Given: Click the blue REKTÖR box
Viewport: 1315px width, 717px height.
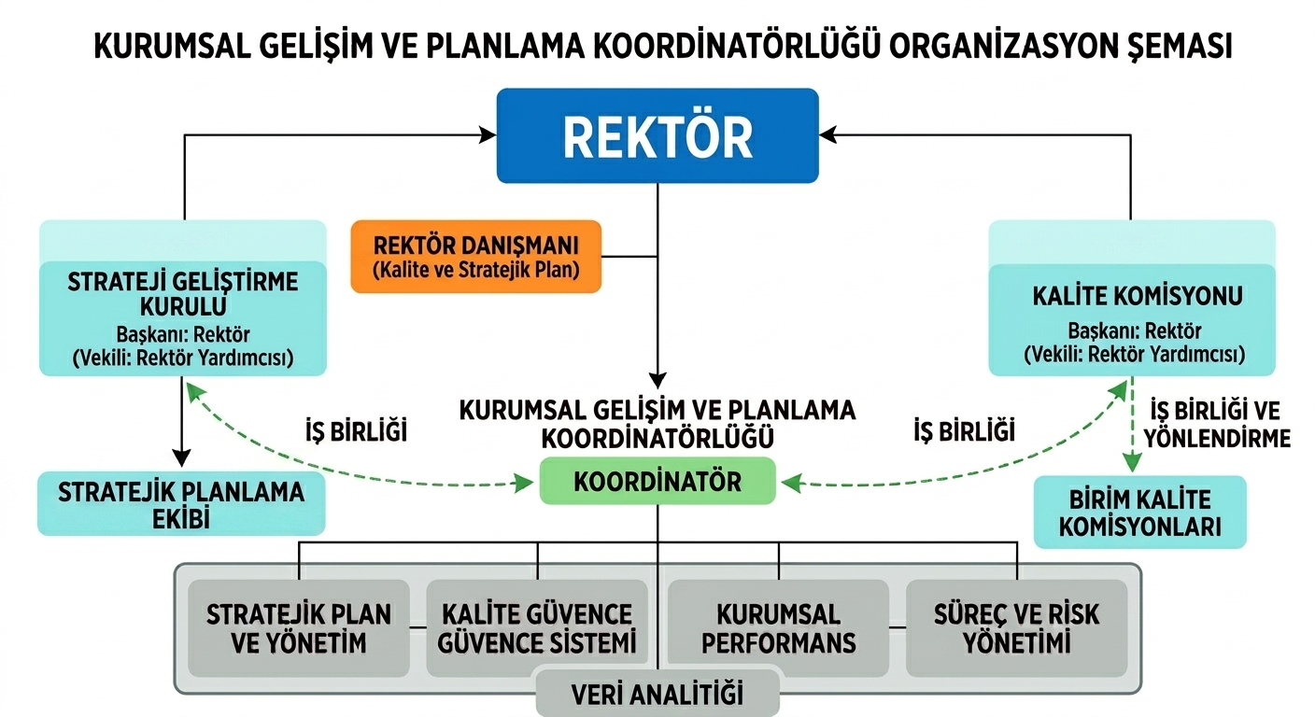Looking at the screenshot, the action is (x=657, y=135).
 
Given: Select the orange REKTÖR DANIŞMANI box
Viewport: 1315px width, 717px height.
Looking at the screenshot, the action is (x=476, y=257).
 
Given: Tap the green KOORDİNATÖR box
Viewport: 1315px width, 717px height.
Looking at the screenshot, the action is (x=657, y=481).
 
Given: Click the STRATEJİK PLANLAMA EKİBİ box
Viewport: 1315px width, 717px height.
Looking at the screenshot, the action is (x=181, y=504).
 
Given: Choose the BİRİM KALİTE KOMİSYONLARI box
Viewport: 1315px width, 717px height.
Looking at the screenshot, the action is (x=1140, y=513).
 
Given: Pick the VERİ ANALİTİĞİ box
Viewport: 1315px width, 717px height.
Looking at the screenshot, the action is (x=657, y=694).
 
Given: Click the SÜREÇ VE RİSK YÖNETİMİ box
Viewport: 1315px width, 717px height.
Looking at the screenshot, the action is (x=1017, y=628).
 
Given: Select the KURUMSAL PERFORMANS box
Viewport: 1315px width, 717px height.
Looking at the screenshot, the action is (x=778, y=628).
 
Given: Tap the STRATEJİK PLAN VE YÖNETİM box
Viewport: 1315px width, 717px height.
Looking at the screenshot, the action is (x=299, y=628).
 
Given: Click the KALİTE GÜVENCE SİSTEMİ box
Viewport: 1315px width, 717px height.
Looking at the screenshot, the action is (x=537, y=628).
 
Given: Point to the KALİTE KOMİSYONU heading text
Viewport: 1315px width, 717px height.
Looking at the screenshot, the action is (x=1138, y=296).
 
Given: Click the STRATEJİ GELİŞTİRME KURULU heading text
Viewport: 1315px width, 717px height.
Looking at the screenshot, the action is (x=182, y=294).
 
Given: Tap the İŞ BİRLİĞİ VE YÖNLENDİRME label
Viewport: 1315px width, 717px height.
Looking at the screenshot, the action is (x=1217, y=424).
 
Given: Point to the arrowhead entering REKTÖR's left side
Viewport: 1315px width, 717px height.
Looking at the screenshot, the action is (x=488, y=135).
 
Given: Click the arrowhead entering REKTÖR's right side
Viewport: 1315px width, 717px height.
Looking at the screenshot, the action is (x=827, y=135).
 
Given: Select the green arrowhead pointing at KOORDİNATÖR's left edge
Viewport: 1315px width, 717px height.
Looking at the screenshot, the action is (x=524, y=484).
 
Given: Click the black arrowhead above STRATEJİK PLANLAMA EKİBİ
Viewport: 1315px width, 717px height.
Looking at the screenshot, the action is (x=181, y=458).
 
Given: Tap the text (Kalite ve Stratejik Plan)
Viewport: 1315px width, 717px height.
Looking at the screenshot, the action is (x=476, y=270).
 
